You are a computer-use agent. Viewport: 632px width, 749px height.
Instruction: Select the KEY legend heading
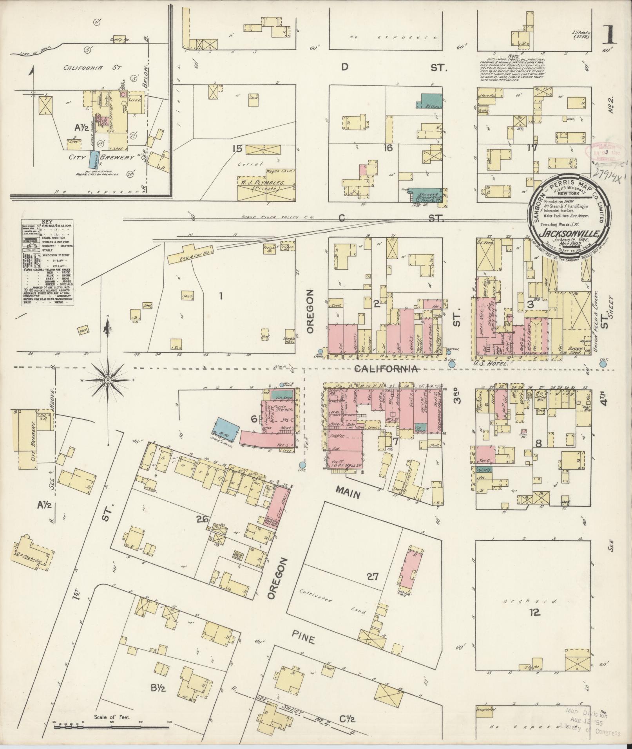(47, 221)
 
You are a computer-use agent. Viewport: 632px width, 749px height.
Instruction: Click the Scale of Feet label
(112, 718)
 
